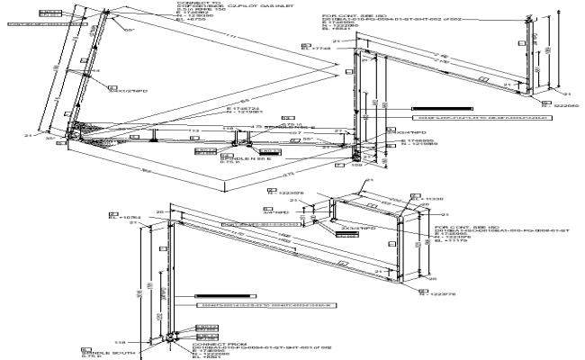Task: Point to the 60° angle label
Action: [x=130, y=31]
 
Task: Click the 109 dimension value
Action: [x=355, y=166]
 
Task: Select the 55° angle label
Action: [x=307, y=139]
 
